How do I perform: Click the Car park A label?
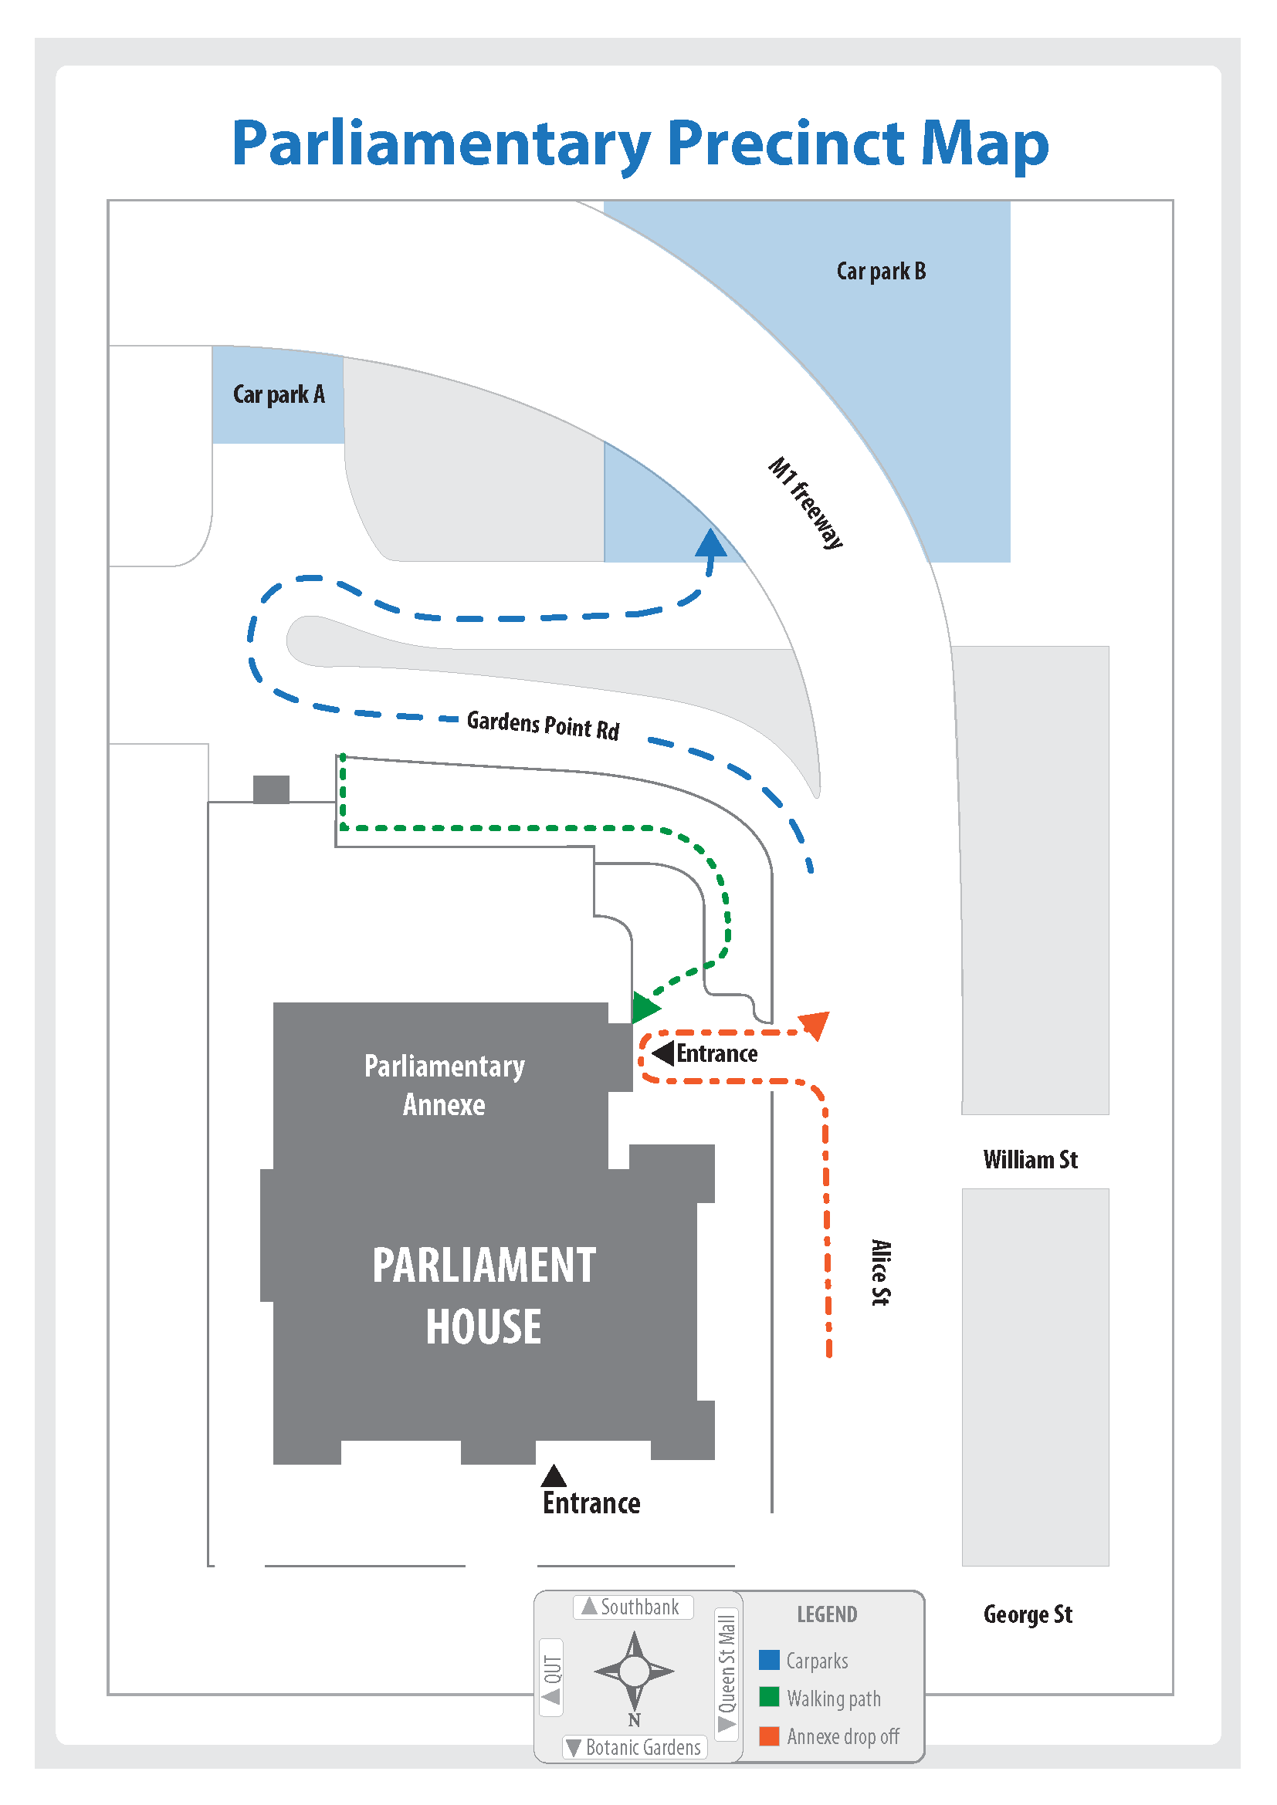pos(279,394)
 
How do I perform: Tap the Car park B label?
pos(881,271)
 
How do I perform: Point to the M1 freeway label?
pos(806,502)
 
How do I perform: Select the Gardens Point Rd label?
pos(543,725)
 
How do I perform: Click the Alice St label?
pos(881,1273)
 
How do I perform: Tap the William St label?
pos(1030,1160)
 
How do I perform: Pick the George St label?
pos(1028,1614)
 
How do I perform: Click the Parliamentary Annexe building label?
pos(444,1085)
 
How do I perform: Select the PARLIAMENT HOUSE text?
pos(483,1296)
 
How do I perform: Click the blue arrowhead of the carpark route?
pos(711,543)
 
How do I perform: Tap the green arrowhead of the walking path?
pos(645,1007)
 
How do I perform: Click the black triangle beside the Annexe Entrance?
pos(664,1053)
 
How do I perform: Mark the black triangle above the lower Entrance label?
pos(554,1475)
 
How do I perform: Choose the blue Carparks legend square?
pos(769,1660)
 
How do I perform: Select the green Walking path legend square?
pos(769,1697)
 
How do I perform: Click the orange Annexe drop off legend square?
pos(769,1735)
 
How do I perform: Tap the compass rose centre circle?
pos(634,1671)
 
